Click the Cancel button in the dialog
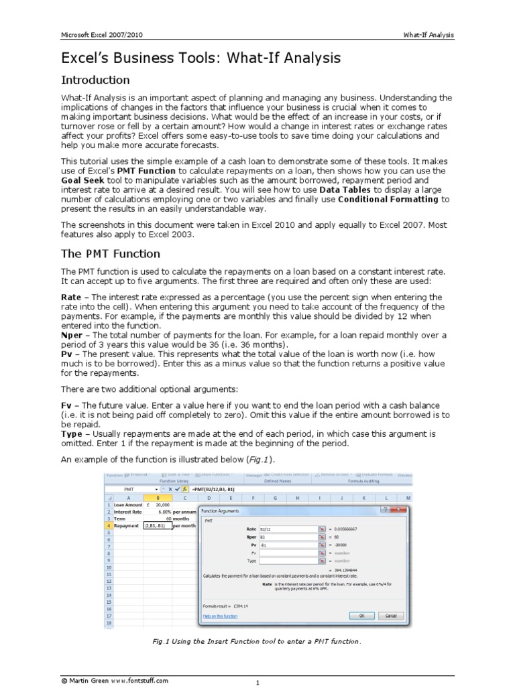pyautogui.click(x=391, y=615)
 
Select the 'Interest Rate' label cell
pyautogui.click(x=127, y=511)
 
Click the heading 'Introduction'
pyautogui.click(x=95, y=80)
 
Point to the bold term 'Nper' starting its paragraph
pyautogui.click(x=72, y=335)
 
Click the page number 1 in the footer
pyautogui.click(x=257, y=683)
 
